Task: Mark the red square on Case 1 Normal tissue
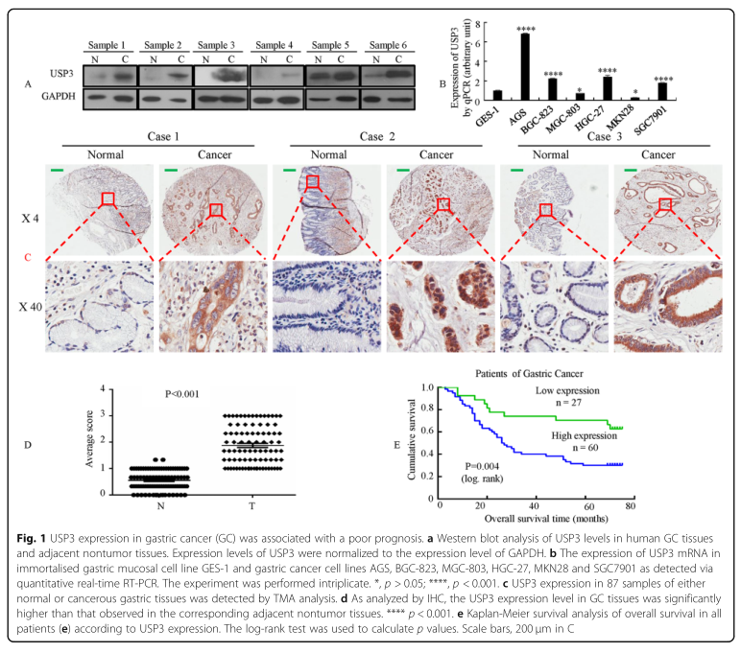[x=108, y=198]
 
